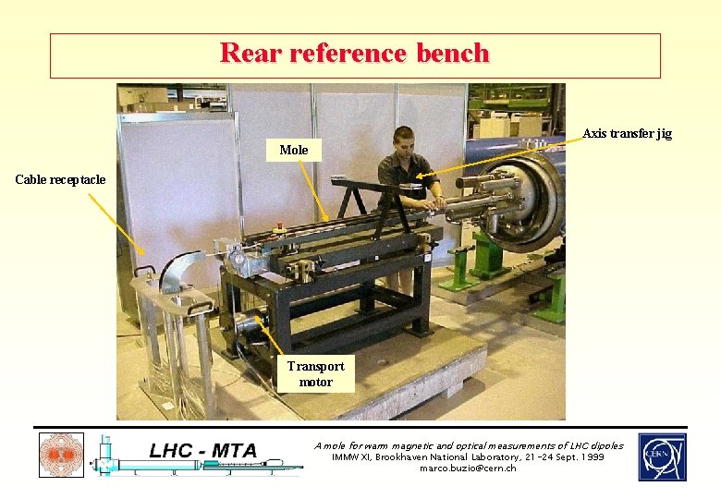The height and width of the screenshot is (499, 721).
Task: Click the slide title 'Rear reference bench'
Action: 355,54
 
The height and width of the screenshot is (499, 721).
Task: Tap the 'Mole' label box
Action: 293,150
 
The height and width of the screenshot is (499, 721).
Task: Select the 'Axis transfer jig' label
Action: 627,134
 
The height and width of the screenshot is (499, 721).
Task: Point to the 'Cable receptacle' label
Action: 61,179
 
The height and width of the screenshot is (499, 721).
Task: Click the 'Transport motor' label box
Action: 315,373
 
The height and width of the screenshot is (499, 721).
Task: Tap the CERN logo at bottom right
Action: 662,456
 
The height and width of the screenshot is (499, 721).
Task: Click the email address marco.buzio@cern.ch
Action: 468,469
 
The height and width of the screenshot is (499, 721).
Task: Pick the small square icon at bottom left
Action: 61,456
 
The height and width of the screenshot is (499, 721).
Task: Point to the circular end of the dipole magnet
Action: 528,204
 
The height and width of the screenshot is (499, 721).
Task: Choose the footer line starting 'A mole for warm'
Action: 469,445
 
